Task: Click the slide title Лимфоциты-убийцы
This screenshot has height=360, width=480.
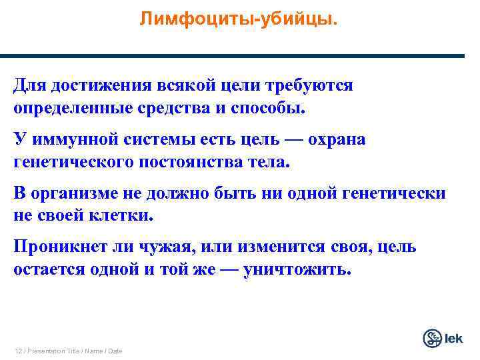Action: tap(239, 19)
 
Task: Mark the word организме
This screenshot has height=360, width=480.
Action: tap(71, 194)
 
